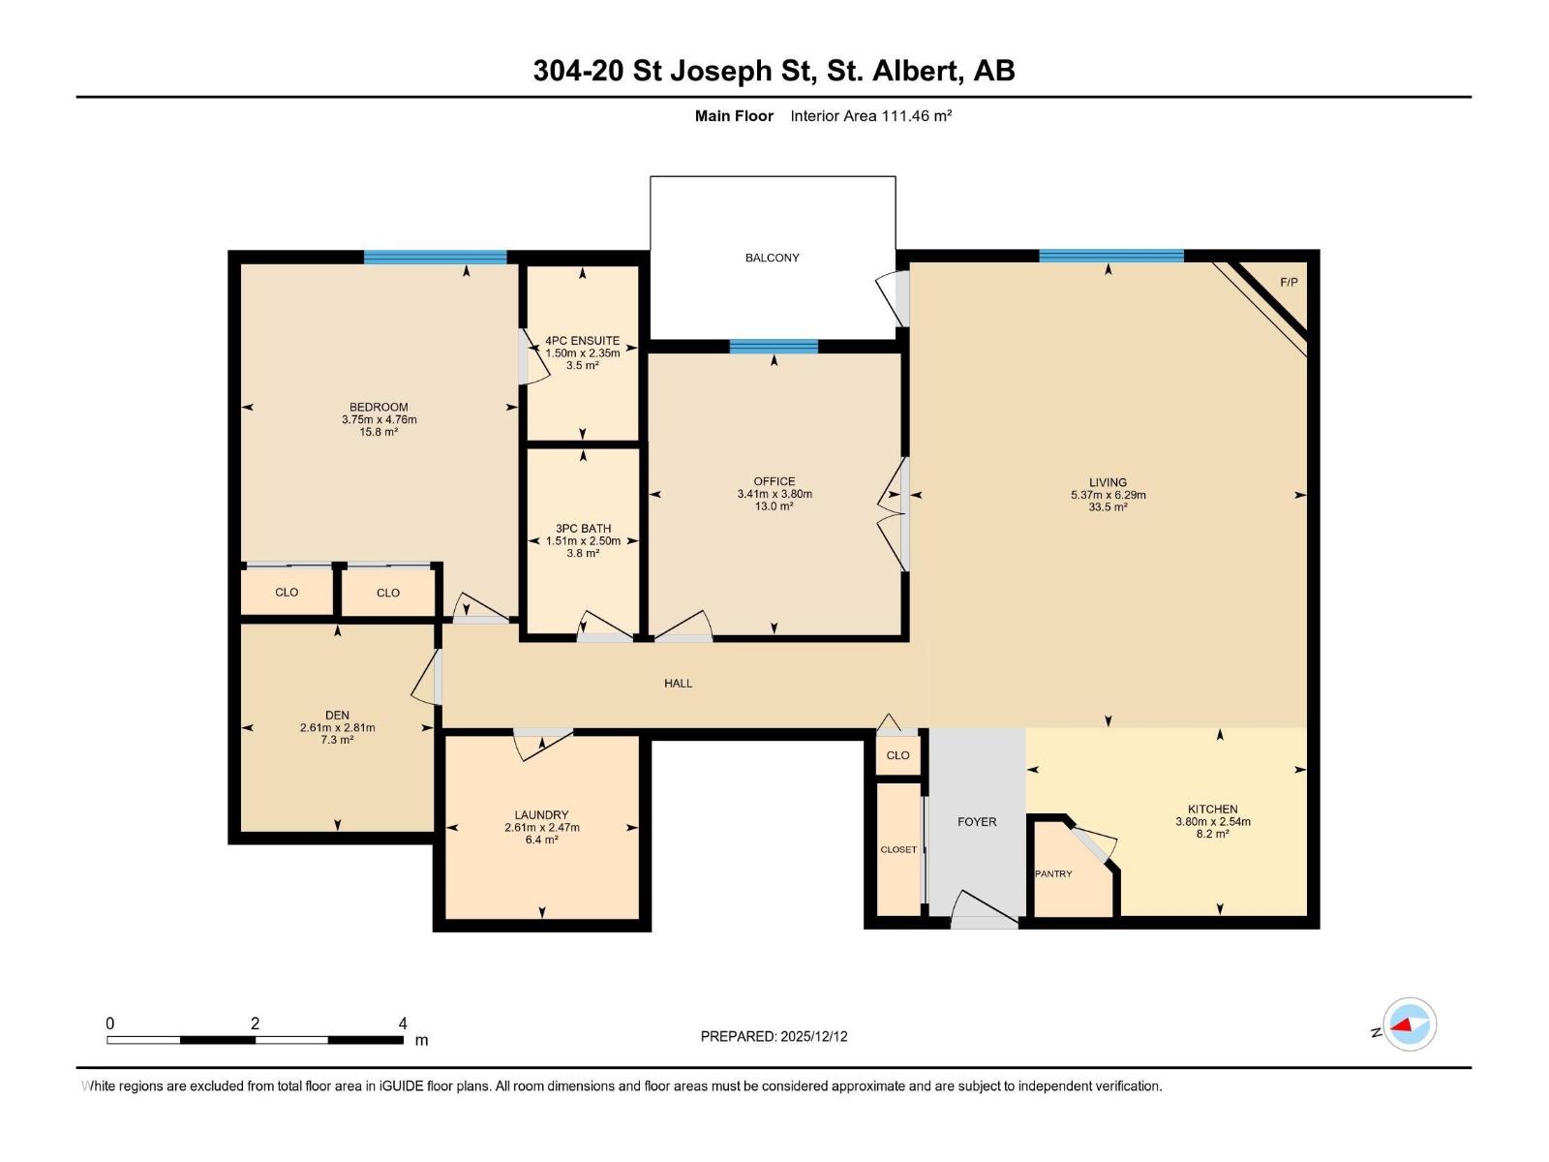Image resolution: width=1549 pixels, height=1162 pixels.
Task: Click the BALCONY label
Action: (x=772, y=258)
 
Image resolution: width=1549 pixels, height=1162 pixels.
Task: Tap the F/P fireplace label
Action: (x=1289, y=283)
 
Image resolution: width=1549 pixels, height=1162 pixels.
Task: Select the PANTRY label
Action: (x=1053, y=873)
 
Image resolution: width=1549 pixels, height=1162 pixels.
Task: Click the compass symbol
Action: (x=1410, y=1024)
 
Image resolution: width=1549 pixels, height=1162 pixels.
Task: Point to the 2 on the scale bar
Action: (x=255, y=1024)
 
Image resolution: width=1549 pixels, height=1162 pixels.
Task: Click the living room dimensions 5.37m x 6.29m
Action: (x=1108, y=495)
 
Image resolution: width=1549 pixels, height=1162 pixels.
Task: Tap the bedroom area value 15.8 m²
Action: (x=379, y=432)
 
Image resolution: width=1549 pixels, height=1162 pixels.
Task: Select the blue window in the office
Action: (x=774, y=347)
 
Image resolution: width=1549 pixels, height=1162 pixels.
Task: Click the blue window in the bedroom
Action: (x=435, y=257)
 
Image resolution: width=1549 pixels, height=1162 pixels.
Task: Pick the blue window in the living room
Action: (x=1110, y=256)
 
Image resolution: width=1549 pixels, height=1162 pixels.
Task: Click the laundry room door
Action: (x=542, y=743)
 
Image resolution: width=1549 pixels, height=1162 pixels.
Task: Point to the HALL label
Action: (x=678, y=683)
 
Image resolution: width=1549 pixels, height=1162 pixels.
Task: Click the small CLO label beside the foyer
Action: (x=897, y=755)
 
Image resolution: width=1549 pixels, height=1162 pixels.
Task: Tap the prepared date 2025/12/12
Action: (x=812, y=1036)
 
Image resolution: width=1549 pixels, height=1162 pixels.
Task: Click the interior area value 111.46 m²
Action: (x=916, y=116)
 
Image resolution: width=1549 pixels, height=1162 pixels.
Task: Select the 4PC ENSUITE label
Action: (x=582, y=341)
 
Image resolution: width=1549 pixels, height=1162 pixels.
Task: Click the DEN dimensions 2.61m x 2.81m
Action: (x=337, y=727)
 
